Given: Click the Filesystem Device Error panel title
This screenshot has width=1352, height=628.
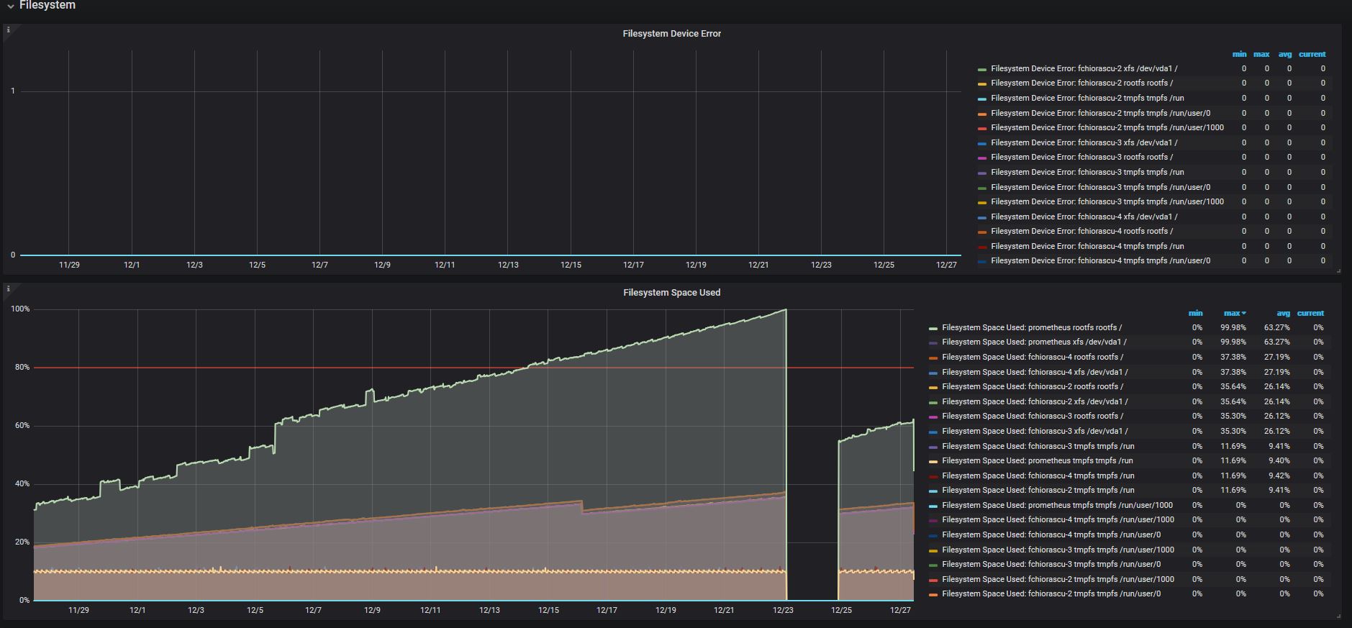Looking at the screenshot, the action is pyautogui.click(x=671, y=34).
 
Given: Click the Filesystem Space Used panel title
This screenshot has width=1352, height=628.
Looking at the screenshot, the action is pyautogui.click(x=671, y=293).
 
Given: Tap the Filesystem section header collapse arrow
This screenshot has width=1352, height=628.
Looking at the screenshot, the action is pyautogui.click(x=11, y=6).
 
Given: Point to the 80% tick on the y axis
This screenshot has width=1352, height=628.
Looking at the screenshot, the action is pyautogui.click(x=22, y=368).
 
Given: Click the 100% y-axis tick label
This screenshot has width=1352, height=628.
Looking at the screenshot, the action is pyautogui.click(x=20, y=309).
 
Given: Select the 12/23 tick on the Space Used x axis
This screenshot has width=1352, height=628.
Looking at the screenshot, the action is pyautogui.click(x=783, y=610).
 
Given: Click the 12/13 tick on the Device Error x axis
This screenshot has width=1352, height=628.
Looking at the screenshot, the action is pyautogui.click(x=508, y=265).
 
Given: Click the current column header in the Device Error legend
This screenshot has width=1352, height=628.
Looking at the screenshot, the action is pyautogui.click(x=1312, y=54).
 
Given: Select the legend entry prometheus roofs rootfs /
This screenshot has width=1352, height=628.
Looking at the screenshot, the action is pyautogui.click(x=1032, y=327).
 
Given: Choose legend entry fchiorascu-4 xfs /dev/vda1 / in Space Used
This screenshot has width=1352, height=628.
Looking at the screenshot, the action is pyautogui.click(x=1035, y=372).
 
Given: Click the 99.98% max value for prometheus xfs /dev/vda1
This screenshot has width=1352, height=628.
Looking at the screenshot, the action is pyautogui.click(x=1233, y=342).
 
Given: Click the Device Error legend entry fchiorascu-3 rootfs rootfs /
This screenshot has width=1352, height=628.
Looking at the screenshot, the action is pyautogui.click(x=1081, y=157).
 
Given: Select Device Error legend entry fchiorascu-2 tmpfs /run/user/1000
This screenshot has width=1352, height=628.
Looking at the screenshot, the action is pyautogui.click(x=1107, y=127).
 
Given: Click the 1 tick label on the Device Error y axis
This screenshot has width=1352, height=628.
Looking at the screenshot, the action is pyautogui.click(x=13, y=91).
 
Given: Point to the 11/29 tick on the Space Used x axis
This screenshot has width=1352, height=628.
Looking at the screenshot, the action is pyautogui.click(x=78, y=610).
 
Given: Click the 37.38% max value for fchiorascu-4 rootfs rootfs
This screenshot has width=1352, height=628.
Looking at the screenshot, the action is pyautogui.click(x=1233, y=357).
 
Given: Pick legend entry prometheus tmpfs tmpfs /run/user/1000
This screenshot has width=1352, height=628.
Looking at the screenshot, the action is pyautogui.click(x=1057, y=505).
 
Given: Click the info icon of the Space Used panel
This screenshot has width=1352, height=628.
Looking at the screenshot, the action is pyautogui.click(x=9, y=288).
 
